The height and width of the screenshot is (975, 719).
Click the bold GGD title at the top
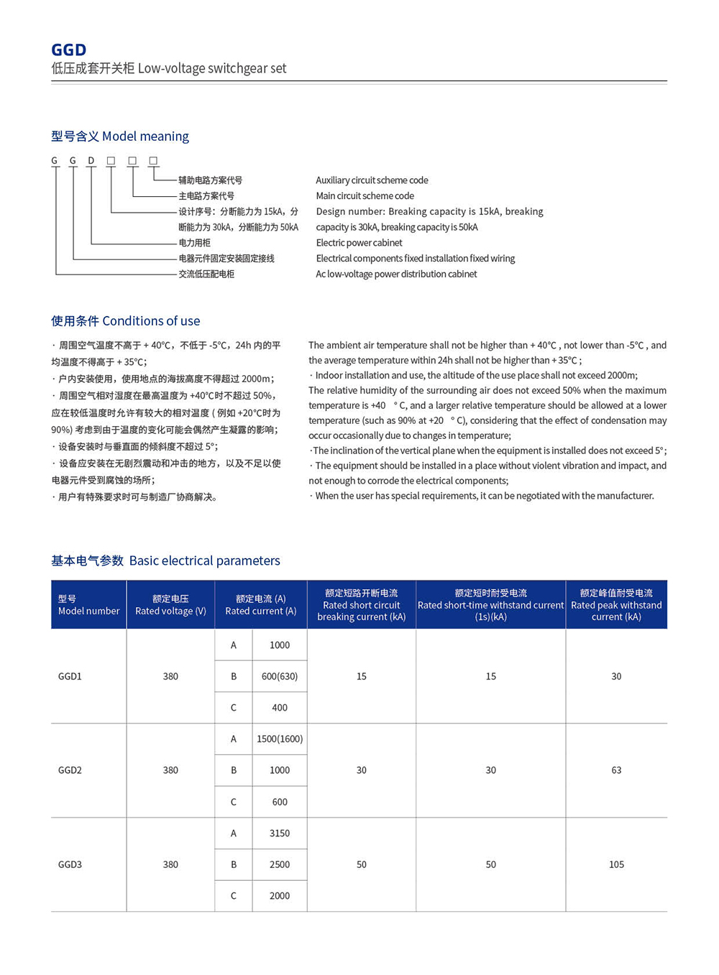click(x=68, y=50)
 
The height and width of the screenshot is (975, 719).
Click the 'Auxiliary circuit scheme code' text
click(x=372, y=180)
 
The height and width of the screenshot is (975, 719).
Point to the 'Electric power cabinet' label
click(x=359, y=243)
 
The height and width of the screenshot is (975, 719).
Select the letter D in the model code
click(x=91, y=161)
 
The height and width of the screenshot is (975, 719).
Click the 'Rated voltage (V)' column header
click(x=170, y=605)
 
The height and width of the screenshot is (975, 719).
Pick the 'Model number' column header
click(x=88, y=605)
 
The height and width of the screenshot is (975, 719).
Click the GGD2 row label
click(x=70, y=770)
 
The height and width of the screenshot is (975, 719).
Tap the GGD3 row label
click(x=70, y=864)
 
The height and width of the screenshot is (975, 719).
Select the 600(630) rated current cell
click(x=280, y=676)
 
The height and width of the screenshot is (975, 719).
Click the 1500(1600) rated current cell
click(x=280, y=739)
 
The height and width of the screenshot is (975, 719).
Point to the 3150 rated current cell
click(x=280, y=833)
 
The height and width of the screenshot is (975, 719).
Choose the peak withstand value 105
click(x=616, y=864)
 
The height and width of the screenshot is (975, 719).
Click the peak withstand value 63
click(x=616, y=770)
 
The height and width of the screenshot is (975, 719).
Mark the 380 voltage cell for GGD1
click(x=170, y=676)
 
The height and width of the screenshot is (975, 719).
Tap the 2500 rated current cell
click(x=280, y=864)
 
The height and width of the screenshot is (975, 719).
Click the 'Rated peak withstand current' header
click(x=616, y=605)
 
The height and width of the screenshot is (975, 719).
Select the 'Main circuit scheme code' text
click(x=365, y=196)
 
